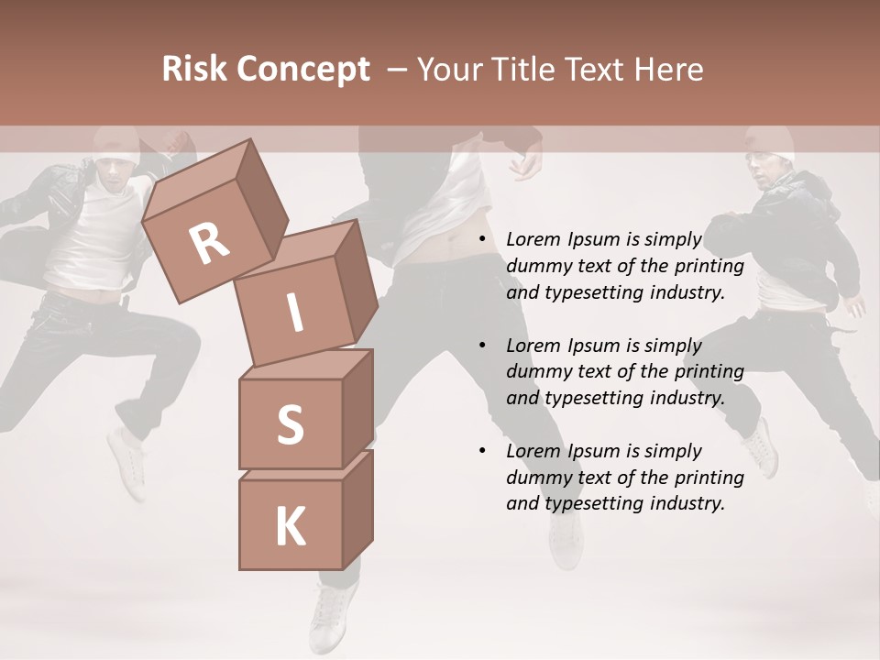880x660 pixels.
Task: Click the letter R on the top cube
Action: (x=209, y=244)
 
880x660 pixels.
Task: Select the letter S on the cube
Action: (x=290, y=424)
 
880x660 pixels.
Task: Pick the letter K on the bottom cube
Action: (x=290, y=527)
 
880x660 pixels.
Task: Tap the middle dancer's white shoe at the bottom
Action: (x=332, y=614)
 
